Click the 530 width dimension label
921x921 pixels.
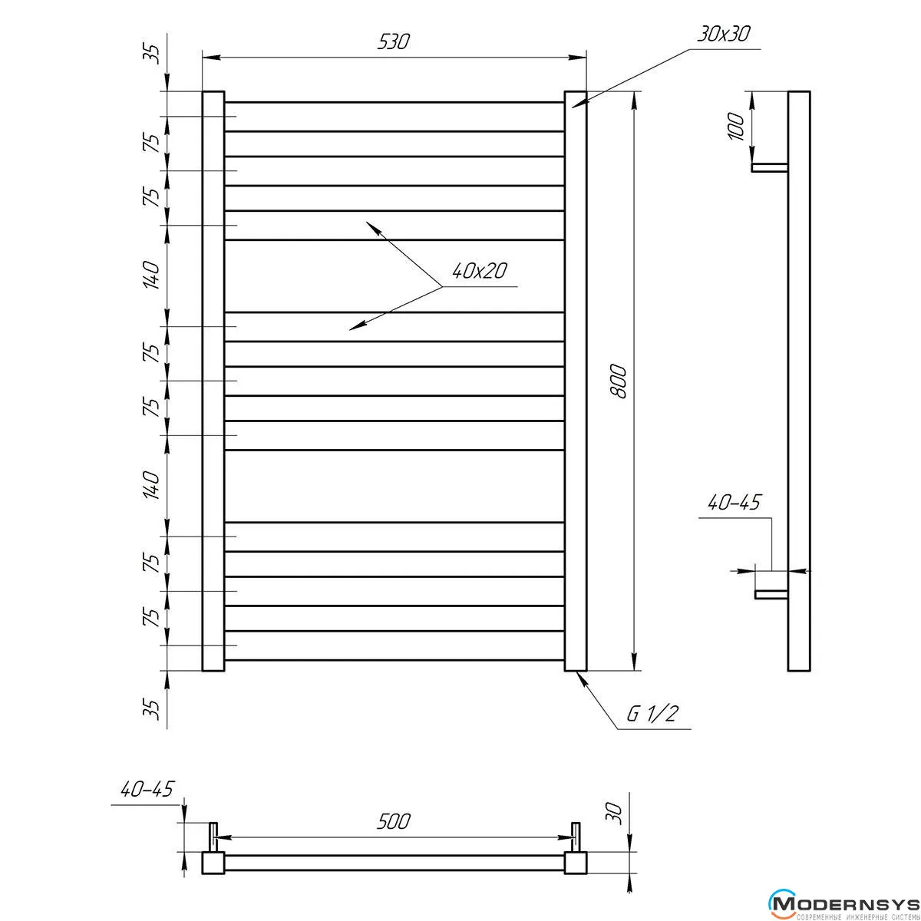pyautogui.click(x=394, y=42)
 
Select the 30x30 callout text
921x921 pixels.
pyautogui.click(x=723, y=35)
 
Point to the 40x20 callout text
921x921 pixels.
pyautogui.click(x=479, y=271)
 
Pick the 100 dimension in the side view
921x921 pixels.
pyautogui.click(x=737, y=126)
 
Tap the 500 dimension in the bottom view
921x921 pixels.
pyautogui.click(x=394, y=821)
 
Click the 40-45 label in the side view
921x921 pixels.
pyautogui.click(x=733, y=503)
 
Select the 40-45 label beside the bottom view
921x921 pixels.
pyautogui.click(x=147, y=789)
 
